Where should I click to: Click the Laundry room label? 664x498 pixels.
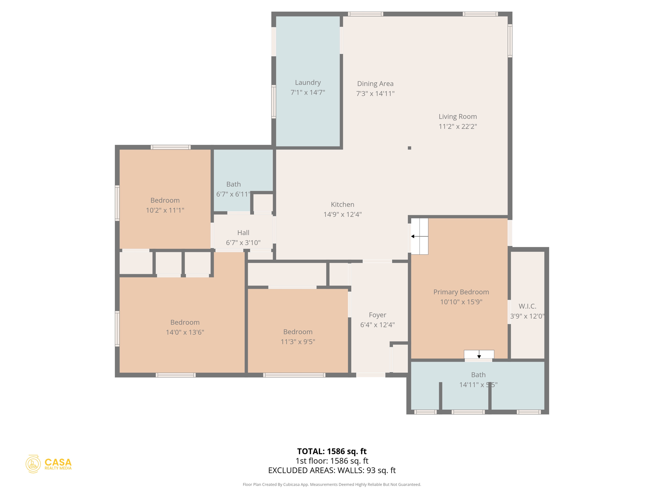pos(308,83)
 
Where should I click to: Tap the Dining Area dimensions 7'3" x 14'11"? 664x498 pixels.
pos(375,94)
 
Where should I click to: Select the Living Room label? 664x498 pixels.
pos(457,116)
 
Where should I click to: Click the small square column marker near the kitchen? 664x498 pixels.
pos(409,148)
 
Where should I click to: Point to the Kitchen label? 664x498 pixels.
pos(342,205)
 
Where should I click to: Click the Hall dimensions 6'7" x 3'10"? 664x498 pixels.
pos(243,243)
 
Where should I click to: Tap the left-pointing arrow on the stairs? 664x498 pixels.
pos(413,236)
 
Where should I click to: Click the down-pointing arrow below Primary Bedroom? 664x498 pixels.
pos(479,356)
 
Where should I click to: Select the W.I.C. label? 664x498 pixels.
pos(527,306)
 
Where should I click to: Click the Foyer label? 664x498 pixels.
pos(377,315)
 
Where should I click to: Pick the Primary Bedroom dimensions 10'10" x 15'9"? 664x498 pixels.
pos(461,302)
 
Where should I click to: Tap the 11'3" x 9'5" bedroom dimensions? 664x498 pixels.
pos(298,342)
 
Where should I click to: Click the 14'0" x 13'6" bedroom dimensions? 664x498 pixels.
pos(185,332)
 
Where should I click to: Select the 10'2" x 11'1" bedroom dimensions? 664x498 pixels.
pos(165,210)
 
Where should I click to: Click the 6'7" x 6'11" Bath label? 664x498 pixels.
pos(233,184)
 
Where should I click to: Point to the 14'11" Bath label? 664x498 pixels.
pos(478,375)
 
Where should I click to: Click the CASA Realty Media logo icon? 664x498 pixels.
pos(33,464)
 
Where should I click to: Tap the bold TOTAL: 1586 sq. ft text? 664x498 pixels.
pos(332,451)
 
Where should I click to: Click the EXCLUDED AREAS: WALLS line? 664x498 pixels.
pos(332,470)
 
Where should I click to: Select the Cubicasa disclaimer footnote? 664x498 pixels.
pos(332,484)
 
